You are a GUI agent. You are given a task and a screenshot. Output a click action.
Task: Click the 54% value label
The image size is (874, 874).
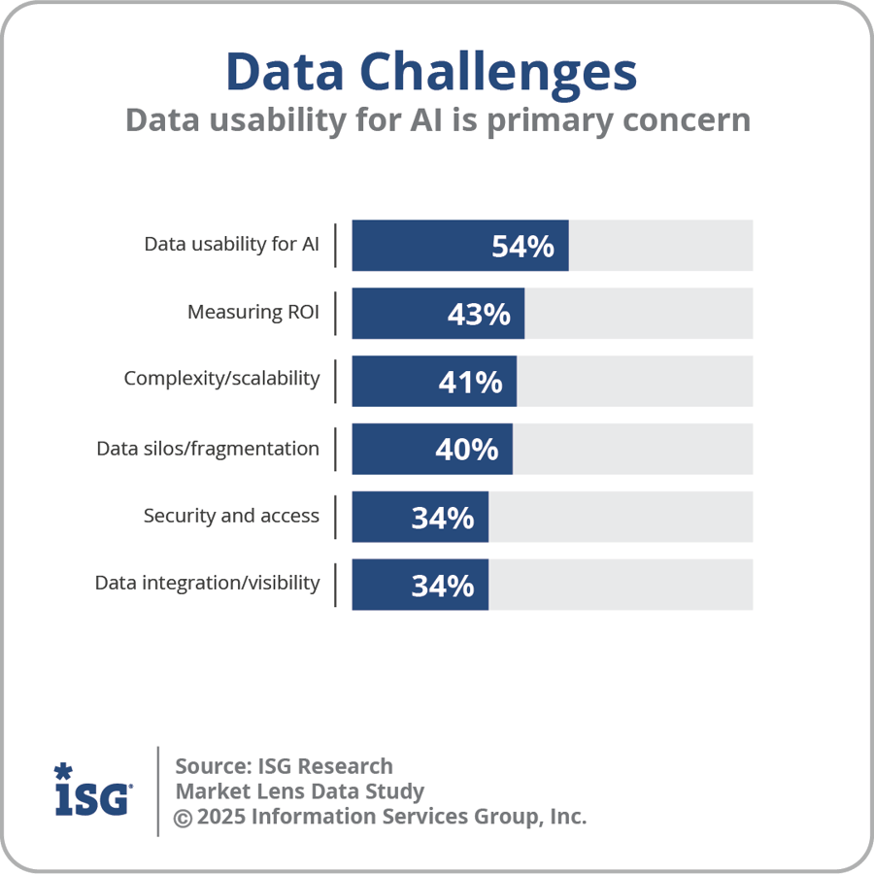(x=522, y=247)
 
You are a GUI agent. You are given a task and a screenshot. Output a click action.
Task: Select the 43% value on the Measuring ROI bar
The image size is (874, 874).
(x=479, y=315)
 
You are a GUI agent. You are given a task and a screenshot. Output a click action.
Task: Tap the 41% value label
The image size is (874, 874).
(x=470, y=382)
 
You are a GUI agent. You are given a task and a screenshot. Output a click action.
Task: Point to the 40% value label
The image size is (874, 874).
(x=466, y=450)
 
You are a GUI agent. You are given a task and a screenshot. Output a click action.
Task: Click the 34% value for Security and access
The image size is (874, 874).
(x=443, y=518)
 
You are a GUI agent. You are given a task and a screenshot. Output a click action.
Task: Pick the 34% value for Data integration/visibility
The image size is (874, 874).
(x=443, y=586)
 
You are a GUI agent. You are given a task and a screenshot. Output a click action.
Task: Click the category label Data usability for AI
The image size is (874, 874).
(x=231, y=244)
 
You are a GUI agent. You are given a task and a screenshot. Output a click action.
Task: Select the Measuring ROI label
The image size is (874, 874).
(x=252, y=312)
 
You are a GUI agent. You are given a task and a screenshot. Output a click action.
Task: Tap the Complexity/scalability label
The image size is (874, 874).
(x=221, y=379)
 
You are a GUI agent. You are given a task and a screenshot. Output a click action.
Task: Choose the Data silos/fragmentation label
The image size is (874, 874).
(x=208, y=449)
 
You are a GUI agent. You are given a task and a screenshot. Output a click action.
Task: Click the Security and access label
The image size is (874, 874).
(x=231, y=516)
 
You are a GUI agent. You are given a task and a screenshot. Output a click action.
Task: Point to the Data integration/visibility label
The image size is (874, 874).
(x=207, y=584)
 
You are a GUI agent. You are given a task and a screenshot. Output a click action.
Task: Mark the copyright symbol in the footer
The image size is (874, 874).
(x=183, y=818)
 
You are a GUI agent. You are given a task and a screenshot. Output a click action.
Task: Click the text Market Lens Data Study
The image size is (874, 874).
(x=299, y=791)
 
